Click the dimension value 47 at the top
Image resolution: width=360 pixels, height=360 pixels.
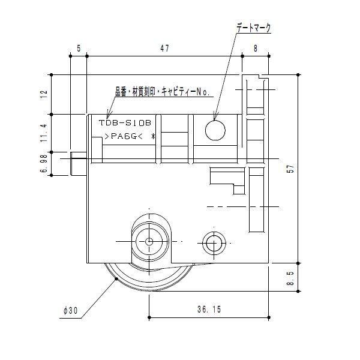[164, 50]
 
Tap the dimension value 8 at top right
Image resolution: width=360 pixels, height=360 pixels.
[255, 50]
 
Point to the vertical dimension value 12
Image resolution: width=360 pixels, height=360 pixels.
[43, 94]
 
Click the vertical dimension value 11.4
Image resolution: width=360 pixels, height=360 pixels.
[43, 133]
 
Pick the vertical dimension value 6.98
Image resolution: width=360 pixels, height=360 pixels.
[43, 164]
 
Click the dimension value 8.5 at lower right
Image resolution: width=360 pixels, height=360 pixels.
[290, 280]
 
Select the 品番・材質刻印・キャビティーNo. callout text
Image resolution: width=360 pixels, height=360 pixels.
[161, 92]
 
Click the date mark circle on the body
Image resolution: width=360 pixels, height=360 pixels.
[215, 129]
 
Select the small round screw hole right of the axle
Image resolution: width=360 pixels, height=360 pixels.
[213, 242]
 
